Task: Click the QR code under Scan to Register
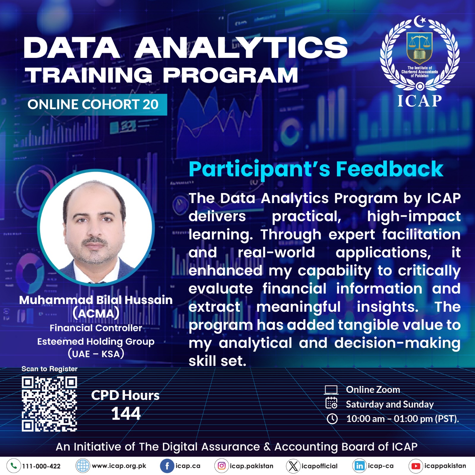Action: click(x=49, y=404)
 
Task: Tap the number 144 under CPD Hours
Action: click(x=126, y=414)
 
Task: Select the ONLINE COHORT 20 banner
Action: click(x=93, y=104)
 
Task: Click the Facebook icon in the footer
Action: click(x=167, y=466)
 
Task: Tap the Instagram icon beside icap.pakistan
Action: click(x=221, y=466)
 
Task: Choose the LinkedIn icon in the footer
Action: click(x=360, y=466)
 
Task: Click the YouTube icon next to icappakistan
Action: click(x=416, y=466)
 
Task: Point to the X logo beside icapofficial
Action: click(x=293, y=466)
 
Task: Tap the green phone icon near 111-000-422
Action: click(x=14, y=466)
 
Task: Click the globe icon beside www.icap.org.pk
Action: click(x=83, y=466)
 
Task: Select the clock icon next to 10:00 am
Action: click(x=332, y=419)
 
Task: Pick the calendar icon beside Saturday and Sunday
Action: click(x=332, y=403)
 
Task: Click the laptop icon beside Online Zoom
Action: click(x=331, y=390)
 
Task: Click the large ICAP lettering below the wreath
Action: click(x=420, y=101)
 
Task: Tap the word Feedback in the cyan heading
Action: click(x=389, y=169)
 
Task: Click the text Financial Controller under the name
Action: click(x=96, y=328)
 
